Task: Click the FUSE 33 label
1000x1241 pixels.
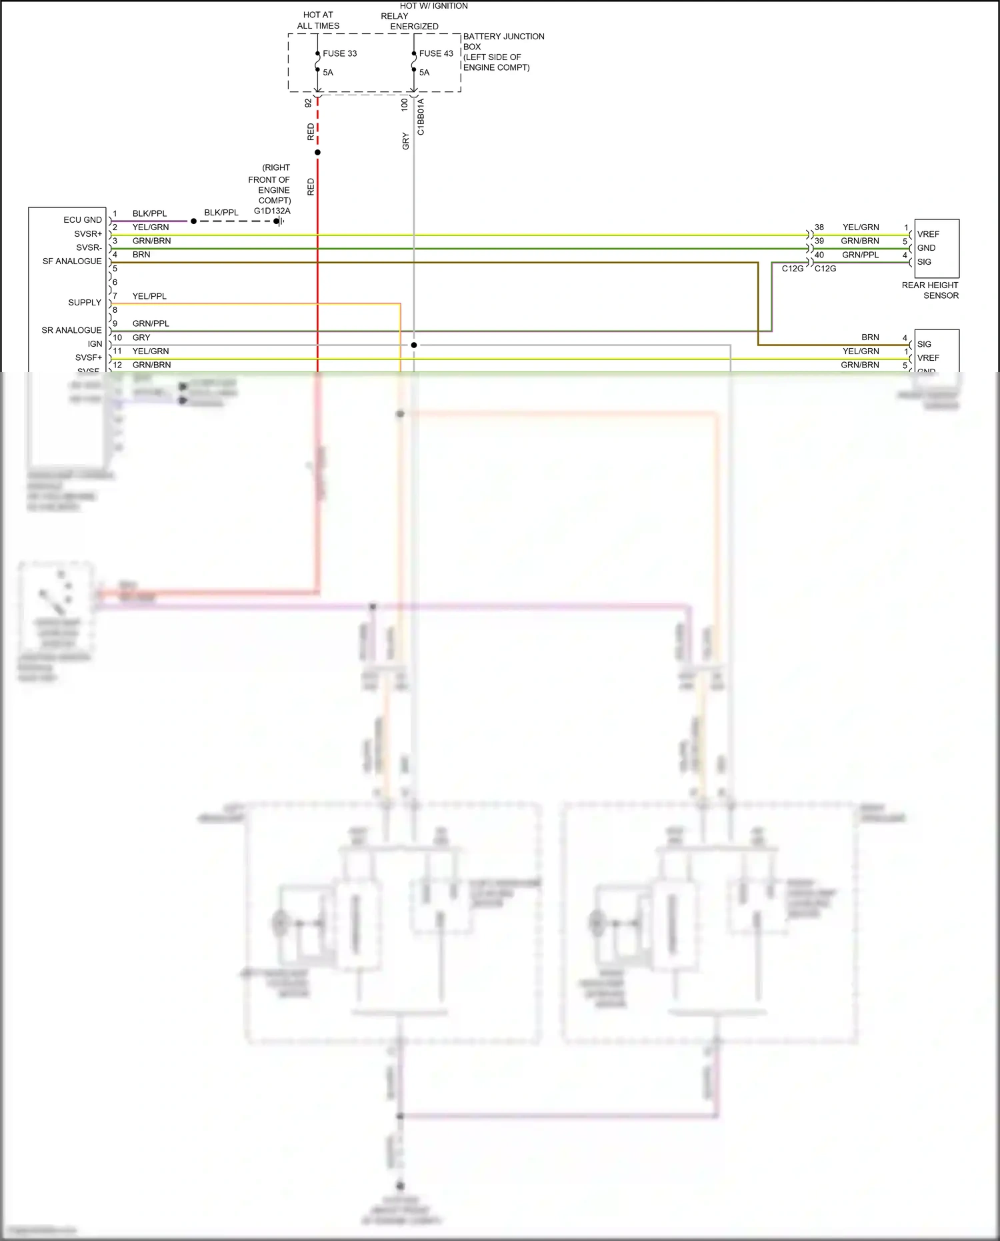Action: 339,53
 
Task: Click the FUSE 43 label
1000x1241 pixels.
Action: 436,53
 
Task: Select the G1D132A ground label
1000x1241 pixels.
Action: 272,211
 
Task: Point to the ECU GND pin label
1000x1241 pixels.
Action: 83,220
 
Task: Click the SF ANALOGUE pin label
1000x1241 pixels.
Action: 72,261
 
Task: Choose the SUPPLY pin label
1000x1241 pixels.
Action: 85,303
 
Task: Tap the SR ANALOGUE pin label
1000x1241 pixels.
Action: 71,330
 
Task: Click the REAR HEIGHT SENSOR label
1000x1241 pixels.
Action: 930,290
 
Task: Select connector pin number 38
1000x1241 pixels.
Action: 819,227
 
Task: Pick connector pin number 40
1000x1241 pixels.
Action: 819,255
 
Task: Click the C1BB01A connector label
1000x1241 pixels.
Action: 421,117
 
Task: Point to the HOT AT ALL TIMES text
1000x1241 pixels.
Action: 318,20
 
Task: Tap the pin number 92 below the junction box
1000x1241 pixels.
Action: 308,103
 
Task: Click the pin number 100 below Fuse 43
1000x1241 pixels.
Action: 405,105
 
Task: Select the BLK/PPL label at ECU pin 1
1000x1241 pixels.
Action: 149,213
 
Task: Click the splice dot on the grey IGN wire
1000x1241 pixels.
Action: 414,345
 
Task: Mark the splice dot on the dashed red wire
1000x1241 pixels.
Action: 317,153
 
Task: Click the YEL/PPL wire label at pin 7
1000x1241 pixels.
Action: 149,296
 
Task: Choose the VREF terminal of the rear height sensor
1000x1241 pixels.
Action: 928,234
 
